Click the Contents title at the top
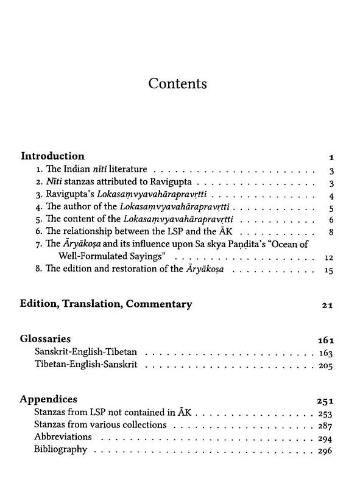tap(177, 83)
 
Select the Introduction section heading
tap(52, 156)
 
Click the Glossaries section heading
tap(45, 338)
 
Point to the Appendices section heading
tap(48, 399)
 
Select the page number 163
tap(325, 353)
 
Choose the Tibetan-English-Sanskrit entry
tap(86, 365)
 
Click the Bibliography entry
tap(61, 450)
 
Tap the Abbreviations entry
tap(63, 437)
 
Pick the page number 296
tap(325, 451)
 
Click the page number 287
tap(325, 426)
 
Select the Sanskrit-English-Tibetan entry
tap(86, 352)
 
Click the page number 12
tap(328, 258)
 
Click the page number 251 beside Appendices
tap(325, 401)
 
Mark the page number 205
tap(325, 366)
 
